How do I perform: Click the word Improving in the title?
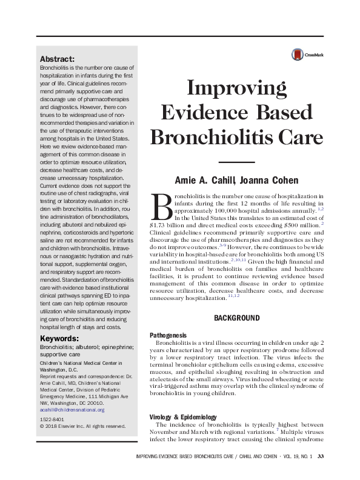click(237, 90)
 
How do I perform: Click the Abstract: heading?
click(57, 59)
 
